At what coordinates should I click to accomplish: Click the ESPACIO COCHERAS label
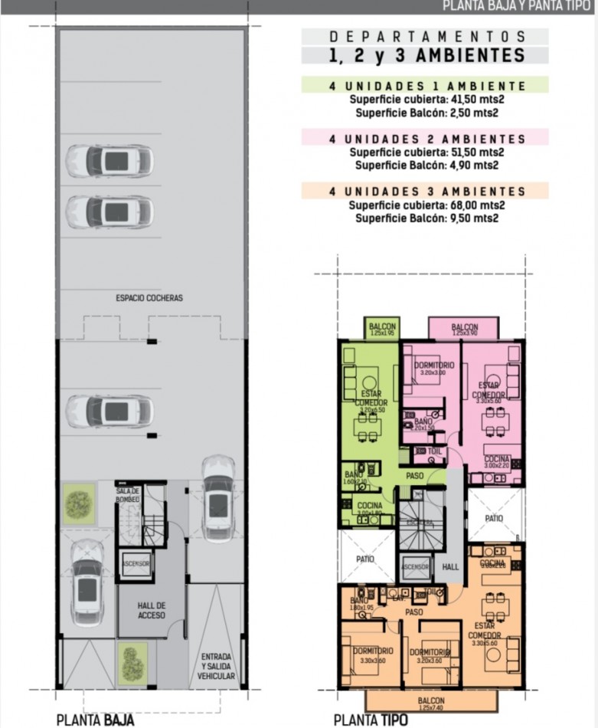click(149, 297)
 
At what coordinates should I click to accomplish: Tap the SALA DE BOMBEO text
click(128, 494)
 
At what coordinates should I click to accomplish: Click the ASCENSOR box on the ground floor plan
click(136, 563)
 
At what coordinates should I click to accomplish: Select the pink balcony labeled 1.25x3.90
click(464, 330)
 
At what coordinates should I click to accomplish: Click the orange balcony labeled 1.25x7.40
click(431, 702)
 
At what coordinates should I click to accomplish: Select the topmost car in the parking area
click(109, 161)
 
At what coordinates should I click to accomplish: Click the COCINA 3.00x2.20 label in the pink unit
click(496, 461)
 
